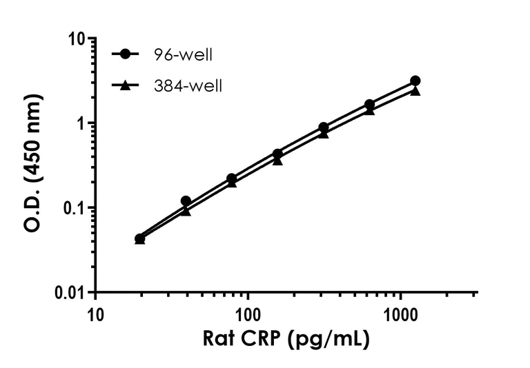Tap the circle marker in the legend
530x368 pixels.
coord(125,54)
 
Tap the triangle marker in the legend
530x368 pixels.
coord(125,85)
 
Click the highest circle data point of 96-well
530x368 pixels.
coord(415,81)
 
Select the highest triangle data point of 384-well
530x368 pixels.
coord(415,90)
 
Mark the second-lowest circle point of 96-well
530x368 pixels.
coord(186,201)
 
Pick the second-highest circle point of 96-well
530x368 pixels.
coord(369,105)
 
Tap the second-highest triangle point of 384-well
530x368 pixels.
coord(369,110)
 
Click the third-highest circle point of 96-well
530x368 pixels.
coord(323,127)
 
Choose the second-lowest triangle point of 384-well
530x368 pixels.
coord(186,211)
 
